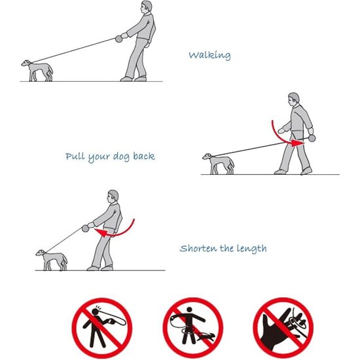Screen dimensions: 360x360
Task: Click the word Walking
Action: (x=209, y=56)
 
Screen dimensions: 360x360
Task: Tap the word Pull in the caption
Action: (x=75, y=156)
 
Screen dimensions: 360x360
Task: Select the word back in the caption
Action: (x=144, y=156)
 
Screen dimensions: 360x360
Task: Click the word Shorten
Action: (x=198, y=248)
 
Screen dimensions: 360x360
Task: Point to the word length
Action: (x=251, y=249)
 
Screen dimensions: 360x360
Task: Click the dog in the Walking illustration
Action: (x=37, y=70)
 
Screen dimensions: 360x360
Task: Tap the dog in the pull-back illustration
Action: (x=219, y=164)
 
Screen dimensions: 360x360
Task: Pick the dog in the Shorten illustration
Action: (x=52, y=260)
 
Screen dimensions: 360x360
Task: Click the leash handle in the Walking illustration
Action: (x=118, y=39)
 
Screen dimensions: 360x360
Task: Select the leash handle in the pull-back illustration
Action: (x=312, y=138)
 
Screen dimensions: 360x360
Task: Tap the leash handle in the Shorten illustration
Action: (x=85, y=228)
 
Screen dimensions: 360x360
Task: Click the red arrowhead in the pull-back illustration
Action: (x=298, y=143)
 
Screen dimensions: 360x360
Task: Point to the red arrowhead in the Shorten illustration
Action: (x=101, y=232)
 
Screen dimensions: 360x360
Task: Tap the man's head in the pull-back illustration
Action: (x=293, y=99)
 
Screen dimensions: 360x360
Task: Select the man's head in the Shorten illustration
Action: (x=113, y=196)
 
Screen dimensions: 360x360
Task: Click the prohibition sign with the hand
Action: (x=283, y=328)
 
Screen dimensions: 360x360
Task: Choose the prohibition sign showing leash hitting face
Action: (x=102, y=328)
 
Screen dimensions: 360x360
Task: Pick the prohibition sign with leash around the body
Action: (x=193, y=328)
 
